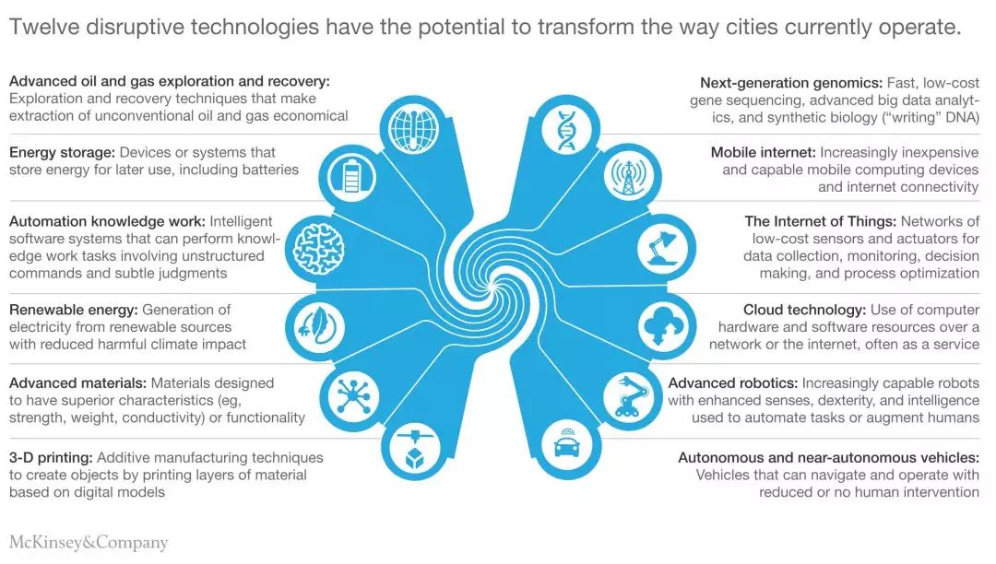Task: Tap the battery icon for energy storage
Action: coord(351,176)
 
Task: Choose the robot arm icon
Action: coord(629,397)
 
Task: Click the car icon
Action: coord(567,443)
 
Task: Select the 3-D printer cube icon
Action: coord(414,450)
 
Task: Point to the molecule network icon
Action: coord(354,396)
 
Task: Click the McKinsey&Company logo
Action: coord(89,543)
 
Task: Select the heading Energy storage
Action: coord(62,153)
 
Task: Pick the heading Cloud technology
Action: coord(804,310)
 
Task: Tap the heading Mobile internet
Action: coord(763,152)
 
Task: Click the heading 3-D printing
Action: coord(51,458)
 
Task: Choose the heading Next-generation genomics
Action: coord(791,83)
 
